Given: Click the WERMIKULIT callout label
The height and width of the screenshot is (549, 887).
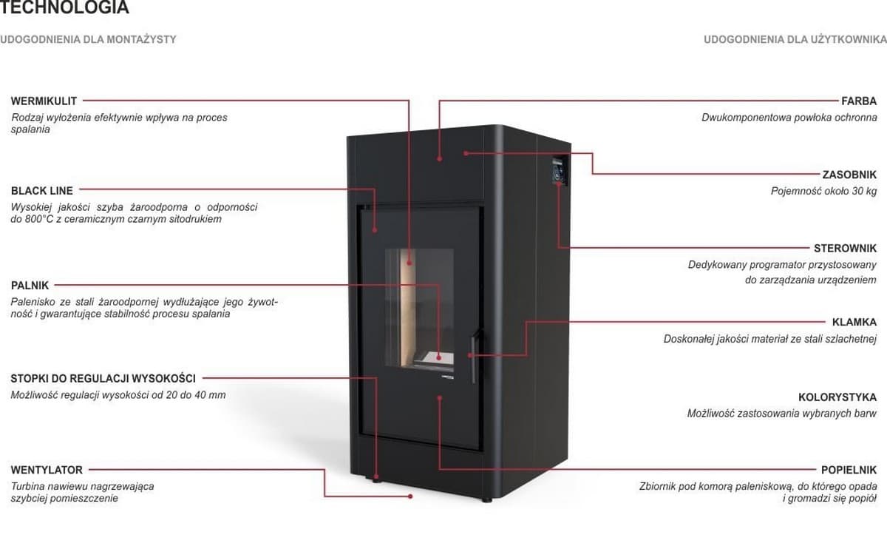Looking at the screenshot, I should [x=44, y=101].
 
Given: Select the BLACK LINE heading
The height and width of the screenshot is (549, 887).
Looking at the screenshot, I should [x=42, y=191].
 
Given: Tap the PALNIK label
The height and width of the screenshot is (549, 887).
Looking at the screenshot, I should [x=30, y=285].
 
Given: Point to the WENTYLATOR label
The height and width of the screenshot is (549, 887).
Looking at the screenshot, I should [x=47, y=470].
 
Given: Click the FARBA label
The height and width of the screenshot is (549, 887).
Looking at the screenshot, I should [x=859, y=101].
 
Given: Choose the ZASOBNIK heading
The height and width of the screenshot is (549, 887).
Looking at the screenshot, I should [x=849, y=175].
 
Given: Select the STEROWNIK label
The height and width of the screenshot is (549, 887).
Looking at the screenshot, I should [x=845, y=248].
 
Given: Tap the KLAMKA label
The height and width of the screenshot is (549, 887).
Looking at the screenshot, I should [x=854, y=322].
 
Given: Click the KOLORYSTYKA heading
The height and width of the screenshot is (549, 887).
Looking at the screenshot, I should [x=837, y=397].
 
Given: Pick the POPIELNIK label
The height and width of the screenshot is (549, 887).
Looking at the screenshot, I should [x=849, y=470].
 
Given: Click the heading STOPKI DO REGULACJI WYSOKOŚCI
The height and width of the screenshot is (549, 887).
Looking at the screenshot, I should [x=103, y=379].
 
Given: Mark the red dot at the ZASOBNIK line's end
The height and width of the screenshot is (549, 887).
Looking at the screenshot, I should [x=466, y=153].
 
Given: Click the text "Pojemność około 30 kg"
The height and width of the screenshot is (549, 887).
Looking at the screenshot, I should [x=823, y=191].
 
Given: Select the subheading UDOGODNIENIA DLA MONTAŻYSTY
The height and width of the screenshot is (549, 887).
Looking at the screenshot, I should [x=88, y=39].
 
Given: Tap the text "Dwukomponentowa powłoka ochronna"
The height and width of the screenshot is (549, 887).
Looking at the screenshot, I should [x=789, y=117].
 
